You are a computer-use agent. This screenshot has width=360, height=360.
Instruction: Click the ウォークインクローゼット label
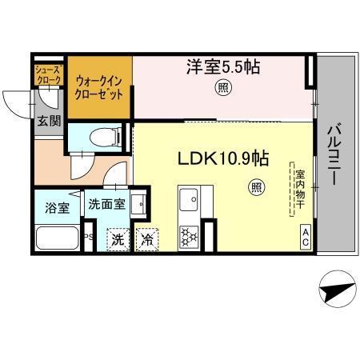pyautogui.click(x=99, y=86)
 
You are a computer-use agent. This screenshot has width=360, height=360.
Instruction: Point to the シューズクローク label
pyautogui.click(x=47, y=76)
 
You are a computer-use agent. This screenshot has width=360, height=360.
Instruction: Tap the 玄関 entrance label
pyautogui.click(x=47, y=122)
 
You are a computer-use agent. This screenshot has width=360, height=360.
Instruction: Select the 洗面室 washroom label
pyautogui.click(x=106, y=204)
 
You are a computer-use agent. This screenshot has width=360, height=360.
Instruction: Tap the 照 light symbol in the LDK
pyautogui.click(x=256, y=188)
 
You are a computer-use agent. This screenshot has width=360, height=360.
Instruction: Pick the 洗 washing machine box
pyautogui.click(x=118, y=239)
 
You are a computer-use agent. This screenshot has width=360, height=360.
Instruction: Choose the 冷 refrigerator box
pyautogui.click(x=147, y=239)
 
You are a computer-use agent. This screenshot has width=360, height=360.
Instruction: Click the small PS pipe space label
pyautogui.click(x=90, y=237)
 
